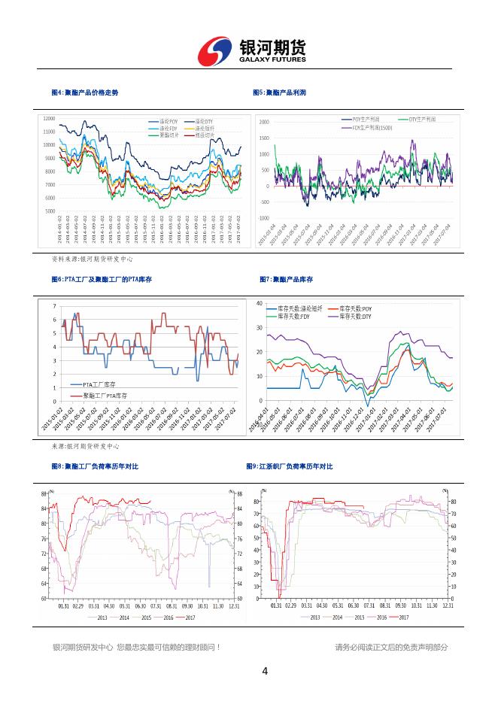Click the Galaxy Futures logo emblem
pos(215,51)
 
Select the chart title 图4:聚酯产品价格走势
pos(84,93)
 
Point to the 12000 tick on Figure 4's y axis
pos(49,119)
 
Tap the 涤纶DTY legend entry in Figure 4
pos(205,122)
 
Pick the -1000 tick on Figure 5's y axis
pos(263,218)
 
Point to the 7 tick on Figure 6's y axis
pos(53,306)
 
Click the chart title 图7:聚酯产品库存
pos(286,279)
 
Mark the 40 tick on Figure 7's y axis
pos(259,303)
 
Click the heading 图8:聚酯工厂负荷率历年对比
pos(95,466)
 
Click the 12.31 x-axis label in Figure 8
pos(234,605)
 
